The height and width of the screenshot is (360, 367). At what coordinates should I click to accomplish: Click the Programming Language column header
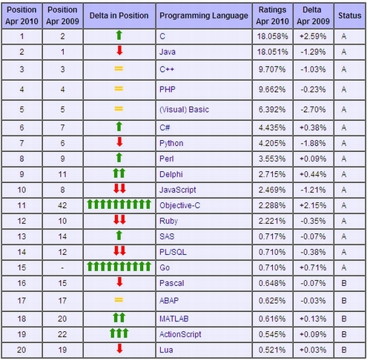(204, 16)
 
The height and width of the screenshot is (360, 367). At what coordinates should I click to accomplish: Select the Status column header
(350, 16)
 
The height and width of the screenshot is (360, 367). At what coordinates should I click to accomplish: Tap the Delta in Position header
(119, 16)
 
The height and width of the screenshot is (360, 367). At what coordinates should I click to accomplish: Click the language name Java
(168, 52)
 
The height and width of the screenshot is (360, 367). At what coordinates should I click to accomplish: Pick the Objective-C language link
(179, 205)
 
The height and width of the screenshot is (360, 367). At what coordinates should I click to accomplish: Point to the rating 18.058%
(272, 36)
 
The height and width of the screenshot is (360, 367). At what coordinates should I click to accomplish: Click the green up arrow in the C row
(119, 36)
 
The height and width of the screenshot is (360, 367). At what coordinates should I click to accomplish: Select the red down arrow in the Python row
(119, 142)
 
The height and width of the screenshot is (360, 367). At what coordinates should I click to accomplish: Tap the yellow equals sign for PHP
(119, 88)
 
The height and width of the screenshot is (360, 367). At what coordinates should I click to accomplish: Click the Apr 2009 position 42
(62, 205)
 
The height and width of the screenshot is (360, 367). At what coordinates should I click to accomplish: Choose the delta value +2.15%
(313, 205)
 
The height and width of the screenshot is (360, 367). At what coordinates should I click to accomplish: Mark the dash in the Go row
(62, 268)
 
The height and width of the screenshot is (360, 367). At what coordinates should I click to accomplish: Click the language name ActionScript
(180, 334)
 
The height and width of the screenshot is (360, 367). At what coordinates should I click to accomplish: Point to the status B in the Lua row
(344, 350)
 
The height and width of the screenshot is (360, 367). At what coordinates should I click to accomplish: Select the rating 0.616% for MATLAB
(272, 319)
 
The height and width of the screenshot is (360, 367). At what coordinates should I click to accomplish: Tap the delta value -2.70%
(313, 110)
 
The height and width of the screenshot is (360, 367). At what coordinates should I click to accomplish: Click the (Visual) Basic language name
(184, 110)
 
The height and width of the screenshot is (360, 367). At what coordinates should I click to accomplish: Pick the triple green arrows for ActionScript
(119, 333)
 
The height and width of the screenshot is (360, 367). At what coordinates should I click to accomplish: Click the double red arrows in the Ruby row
(119, 219)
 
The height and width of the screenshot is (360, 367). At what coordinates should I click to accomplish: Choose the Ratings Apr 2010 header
(272, 16)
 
